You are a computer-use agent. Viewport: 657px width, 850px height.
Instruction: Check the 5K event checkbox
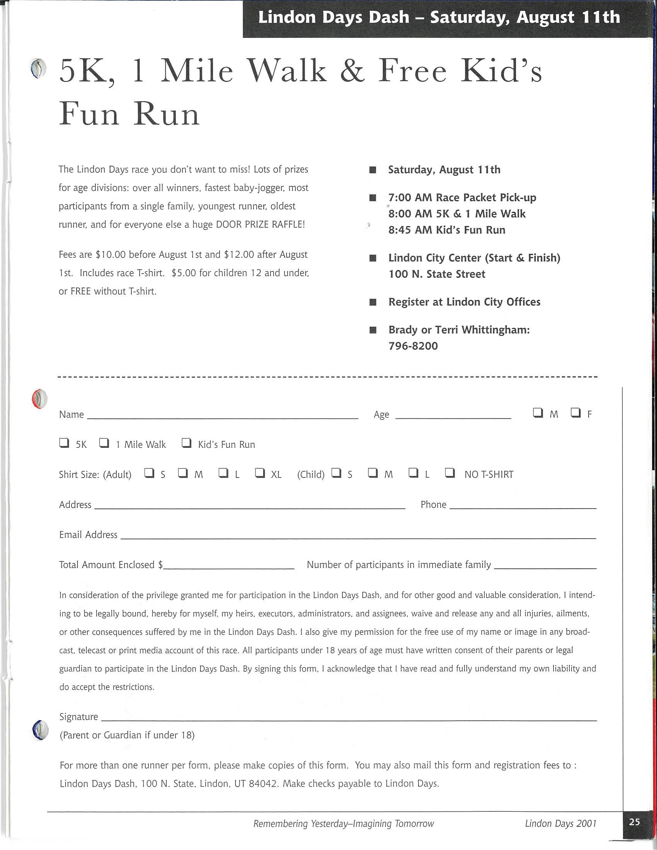coord(64,443)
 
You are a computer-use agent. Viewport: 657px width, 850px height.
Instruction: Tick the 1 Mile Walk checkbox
coord(104,443)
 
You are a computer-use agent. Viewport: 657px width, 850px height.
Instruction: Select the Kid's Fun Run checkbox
coord(187,443)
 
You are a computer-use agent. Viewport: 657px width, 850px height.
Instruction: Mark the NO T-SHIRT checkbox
coord(450,473)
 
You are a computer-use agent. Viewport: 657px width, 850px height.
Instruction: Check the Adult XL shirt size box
coord(260,473)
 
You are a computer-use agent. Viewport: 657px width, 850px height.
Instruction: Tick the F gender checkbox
coord(576,413)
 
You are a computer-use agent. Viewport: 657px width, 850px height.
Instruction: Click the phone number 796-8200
coord(413,346)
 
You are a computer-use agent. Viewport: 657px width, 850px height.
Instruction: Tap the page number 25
coord(635,821)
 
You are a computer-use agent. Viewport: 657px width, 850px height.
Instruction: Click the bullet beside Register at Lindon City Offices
coord(373,303)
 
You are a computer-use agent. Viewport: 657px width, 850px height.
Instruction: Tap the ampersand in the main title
coord(352,71)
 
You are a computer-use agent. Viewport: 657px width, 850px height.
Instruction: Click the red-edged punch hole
coord(39,399)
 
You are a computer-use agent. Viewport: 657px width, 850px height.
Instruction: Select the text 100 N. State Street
coord(437,274)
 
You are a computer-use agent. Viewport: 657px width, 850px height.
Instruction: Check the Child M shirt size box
coord(373,473)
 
